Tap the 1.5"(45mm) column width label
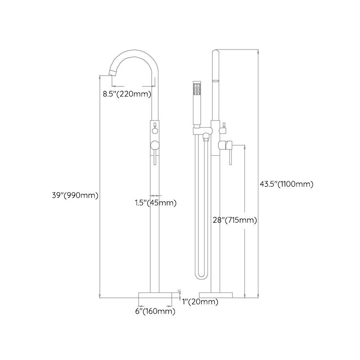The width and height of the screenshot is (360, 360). pos(155,203)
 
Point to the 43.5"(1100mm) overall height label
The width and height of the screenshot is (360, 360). pos(287,184)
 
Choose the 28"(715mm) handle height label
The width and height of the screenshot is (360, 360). pos(235,220)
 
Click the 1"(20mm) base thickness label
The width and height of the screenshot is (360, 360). pos(201,302)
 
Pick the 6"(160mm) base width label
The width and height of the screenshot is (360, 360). pos(155,311)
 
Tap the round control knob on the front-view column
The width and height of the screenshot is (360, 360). pos(154,144)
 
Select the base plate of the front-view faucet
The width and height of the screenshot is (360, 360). pos(155,295)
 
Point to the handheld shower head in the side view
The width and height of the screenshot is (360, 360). pos(196,103)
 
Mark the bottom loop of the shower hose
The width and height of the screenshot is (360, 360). pos(199,276)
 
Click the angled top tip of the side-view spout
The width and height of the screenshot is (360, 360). pos(216,52)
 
